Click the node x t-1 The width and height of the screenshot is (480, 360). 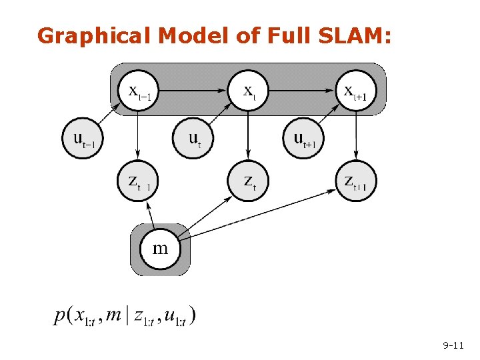click(x=139, y=89)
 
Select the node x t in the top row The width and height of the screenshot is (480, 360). click(x=248, y=89)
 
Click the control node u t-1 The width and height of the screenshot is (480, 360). click(x=84, y=138)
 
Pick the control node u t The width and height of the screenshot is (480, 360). click(x=193, y=138)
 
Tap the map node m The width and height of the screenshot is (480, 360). click(x=160, y=249)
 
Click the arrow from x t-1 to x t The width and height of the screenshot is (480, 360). click(x=193, y=88)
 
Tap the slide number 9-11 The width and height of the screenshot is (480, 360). click(x=453, y=345)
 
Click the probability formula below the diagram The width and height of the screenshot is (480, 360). click(x=125, y=315)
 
